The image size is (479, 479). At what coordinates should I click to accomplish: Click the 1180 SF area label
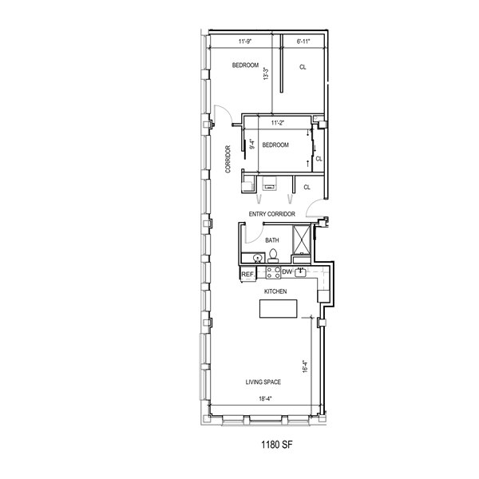(277, 445)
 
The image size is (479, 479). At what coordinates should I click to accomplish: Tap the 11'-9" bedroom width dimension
(245, 42)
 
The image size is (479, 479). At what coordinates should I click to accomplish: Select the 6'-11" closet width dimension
(303, 42)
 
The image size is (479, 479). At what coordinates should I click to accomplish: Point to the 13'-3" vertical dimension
(267, 73)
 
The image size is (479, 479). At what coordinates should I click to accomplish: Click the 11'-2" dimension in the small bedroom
(278, 123)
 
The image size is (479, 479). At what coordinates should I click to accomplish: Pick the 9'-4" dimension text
(252, 144)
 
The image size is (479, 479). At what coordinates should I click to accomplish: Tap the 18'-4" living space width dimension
(265, 398)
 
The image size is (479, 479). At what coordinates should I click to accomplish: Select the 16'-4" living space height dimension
(305, 366)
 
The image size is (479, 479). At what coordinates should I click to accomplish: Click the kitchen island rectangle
(279, 308)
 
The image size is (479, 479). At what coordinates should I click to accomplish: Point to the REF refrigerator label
(247, 275)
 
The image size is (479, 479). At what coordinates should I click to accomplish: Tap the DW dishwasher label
(287, 271)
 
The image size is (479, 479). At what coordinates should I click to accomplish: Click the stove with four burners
(273, 272)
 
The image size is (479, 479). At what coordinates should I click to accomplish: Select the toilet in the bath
(273, 256)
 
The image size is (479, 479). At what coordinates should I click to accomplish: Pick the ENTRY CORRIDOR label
(272, 214)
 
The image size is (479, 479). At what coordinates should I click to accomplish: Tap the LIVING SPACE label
(263, 382)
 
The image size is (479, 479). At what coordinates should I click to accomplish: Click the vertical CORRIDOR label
(228, 159)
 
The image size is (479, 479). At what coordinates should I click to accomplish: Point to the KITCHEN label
(275, 291)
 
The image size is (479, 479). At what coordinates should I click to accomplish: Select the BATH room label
(272, 240)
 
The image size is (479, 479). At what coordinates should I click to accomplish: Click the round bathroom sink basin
(258, 259)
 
